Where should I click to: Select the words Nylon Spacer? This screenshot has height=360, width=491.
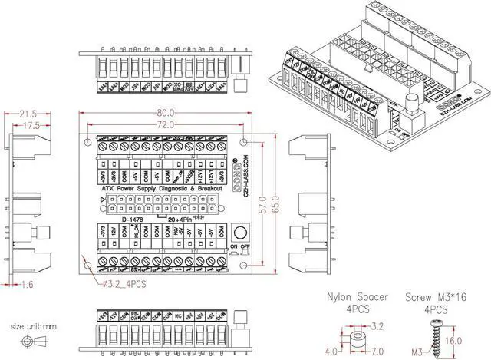point(357,297)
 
